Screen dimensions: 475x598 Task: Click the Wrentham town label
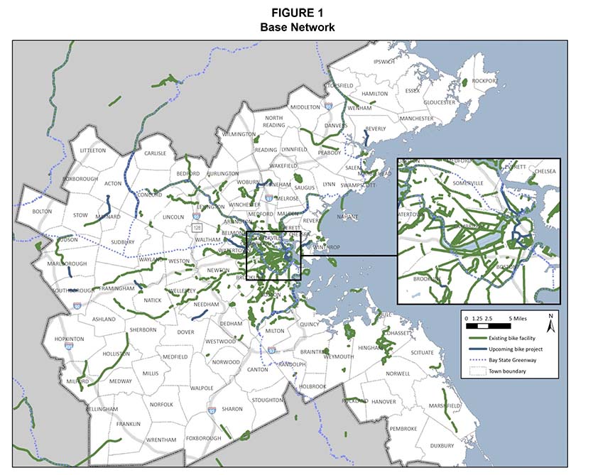tap(161, 440)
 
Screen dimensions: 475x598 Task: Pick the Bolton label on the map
tap(43, 211)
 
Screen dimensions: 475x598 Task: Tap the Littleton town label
tap(92, 151)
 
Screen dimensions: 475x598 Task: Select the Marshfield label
tap(444, 405)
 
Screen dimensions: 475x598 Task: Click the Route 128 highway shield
tap(194, 227)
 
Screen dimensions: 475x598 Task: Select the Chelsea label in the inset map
tap(544, 171)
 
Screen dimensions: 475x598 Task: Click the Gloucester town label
tap(440, 102)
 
